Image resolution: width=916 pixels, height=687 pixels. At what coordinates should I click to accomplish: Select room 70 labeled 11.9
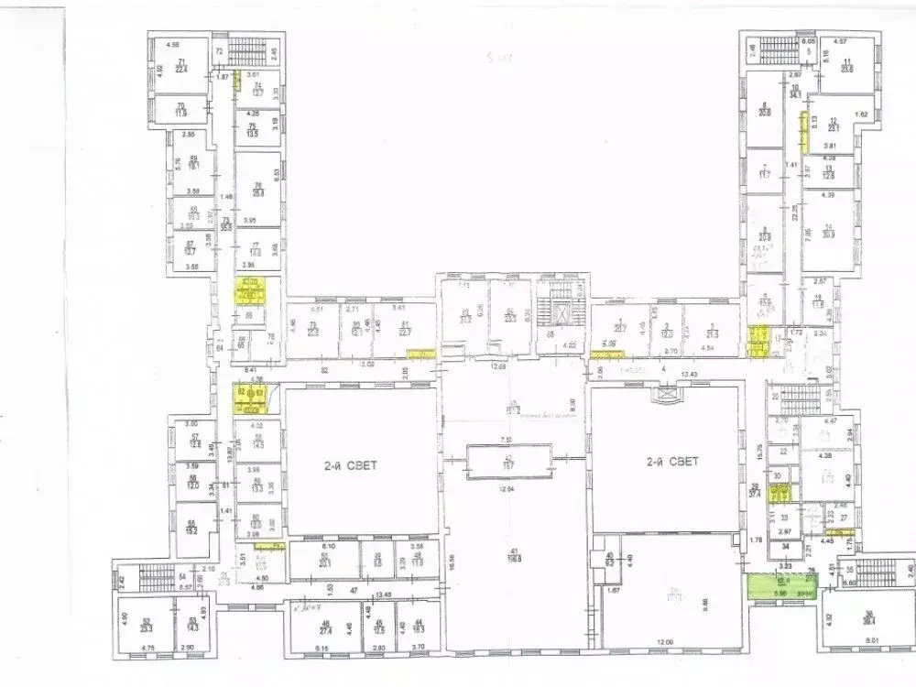[181, 110]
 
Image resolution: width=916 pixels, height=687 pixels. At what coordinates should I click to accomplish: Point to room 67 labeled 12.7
[191, 248]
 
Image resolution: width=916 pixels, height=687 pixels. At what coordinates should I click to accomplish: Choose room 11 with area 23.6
[846, 64]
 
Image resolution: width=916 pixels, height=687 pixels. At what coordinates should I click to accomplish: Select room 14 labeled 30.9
[829, 231]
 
